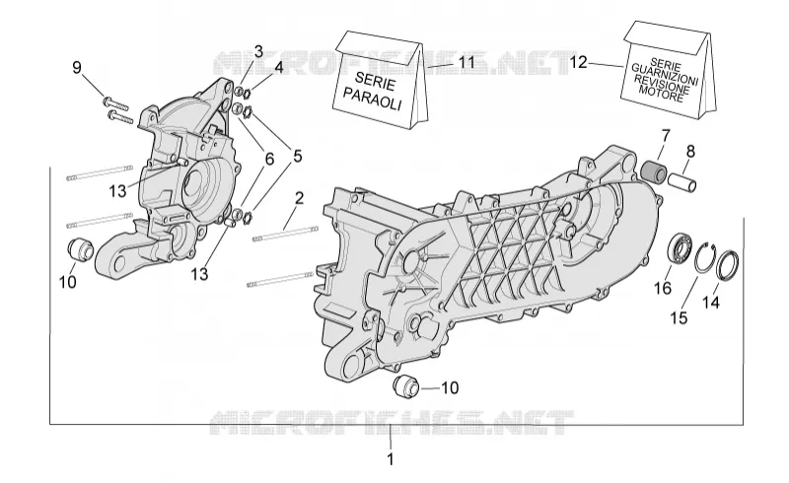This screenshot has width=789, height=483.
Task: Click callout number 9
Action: [77, 67]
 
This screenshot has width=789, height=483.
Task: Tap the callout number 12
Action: [578, 63]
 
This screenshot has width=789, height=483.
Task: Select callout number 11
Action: [466, 62]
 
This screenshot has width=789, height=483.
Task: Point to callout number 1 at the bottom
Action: [390, 459]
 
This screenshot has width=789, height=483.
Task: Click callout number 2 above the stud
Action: [299, 198]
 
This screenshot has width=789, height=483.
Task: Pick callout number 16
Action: [663, 288]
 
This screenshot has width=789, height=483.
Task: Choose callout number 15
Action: [679, 318]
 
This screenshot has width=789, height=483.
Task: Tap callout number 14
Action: [711, 303]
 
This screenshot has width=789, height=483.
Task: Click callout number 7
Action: [666, 136]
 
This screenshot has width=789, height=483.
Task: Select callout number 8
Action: [690, 151]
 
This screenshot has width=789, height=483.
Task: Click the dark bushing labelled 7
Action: [654, 171]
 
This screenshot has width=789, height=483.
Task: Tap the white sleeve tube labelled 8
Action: [682, 181]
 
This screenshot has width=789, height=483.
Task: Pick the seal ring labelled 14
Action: [728, 264]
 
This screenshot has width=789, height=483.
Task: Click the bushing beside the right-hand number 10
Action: [405, 385]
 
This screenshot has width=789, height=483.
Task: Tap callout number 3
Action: [258, 52]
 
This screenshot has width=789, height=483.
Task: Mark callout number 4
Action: [278, 68]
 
